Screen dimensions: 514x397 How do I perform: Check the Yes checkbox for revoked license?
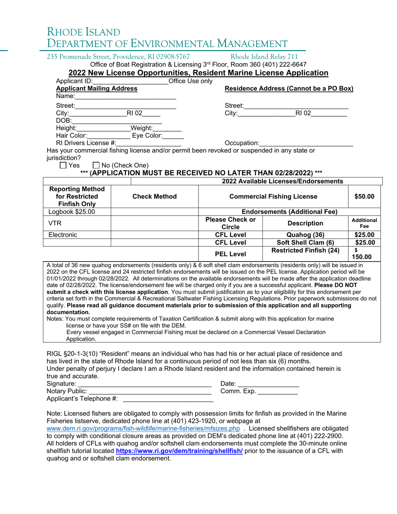(63, 165)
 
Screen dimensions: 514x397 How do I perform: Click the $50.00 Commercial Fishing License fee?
(364, 196)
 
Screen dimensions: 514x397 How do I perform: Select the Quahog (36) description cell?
(305, 234)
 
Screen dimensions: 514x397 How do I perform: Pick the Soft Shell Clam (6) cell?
(305, 242)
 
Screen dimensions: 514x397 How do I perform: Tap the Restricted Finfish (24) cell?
(305, 250)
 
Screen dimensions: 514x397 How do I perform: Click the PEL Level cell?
(230, 253)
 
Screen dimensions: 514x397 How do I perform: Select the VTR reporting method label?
(56, 223)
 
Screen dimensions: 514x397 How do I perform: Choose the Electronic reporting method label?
(63, 234)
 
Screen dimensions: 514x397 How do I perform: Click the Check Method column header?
(154, 196)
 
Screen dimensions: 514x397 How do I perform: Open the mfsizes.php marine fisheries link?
(143, 428)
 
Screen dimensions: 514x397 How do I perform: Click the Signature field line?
(145, 384)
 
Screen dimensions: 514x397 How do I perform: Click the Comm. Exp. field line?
(277, 391)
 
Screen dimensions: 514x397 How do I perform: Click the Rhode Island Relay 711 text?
(264, 57)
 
